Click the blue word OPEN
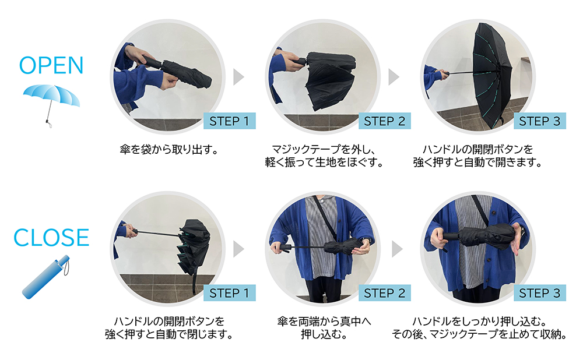51,65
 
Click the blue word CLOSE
51,238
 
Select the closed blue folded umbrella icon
46,277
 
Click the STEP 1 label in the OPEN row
229,121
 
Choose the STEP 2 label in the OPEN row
384,121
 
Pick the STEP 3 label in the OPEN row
540,121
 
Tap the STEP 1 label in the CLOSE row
229,293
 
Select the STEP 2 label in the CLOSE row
384,293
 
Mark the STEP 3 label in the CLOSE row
540,293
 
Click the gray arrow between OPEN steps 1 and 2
238,77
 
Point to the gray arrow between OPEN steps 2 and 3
394,77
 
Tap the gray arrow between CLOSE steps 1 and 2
238,249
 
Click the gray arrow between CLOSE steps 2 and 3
396,249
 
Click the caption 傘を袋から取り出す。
169,150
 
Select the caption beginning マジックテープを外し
324,156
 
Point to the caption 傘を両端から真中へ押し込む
324,328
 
